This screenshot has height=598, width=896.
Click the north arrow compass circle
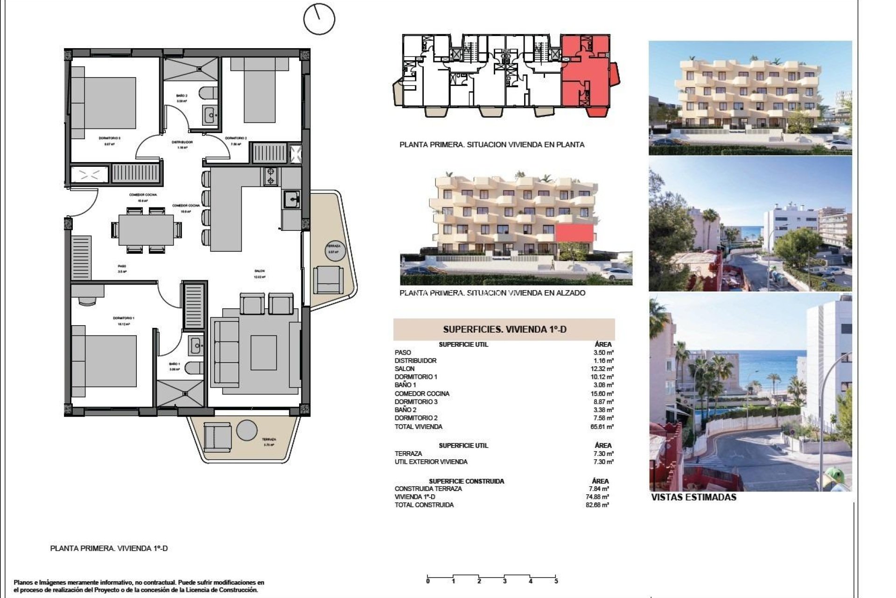pyautogui.click(x=319, y=19)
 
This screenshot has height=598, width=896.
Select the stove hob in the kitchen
pyautogui.click(x=270, y=177)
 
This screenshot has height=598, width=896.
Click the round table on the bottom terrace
pyautogui.click(x=246, y=431)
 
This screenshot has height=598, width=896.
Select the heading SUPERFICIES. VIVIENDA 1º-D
pyautogui.click(x=504, y=329)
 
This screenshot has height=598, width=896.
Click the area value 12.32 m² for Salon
pyautogui.click(x=603, y=369)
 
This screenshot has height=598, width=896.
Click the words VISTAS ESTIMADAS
pyautogui.click(x=693, y=498)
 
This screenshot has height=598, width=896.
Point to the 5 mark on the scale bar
pyautogui.click(x=556, y=581)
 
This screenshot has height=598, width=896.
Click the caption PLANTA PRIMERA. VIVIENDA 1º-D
pyautogui.click(x=109, y=548)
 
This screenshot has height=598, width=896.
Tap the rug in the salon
pyautogui.click(x=264, y=353)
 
